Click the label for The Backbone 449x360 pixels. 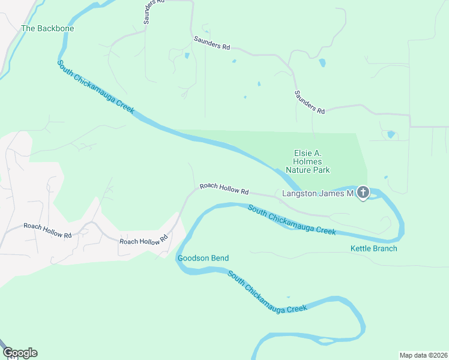point(43,28)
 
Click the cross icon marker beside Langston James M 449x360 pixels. point(363,193)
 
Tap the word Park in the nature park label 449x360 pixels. point(321,170)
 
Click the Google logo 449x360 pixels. point(20,353)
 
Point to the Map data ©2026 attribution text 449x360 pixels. point(423,355)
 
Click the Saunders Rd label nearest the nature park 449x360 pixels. point(309,103)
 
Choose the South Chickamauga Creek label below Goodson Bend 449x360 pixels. point(267,293)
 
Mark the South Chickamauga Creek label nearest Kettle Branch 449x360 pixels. point(292,220)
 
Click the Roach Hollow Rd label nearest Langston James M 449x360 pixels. point(224,188)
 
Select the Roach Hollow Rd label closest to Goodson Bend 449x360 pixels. point(143,241)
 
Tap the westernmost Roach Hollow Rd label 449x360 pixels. point(47,230)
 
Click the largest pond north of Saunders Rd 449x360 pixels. point(322,62)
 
